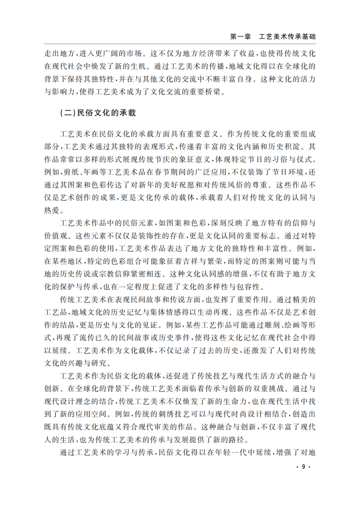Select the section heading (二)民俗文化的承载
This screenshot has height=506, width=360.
tap(97, 114)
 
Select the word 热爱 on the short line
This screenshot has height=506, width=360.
tap(53, 210)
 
